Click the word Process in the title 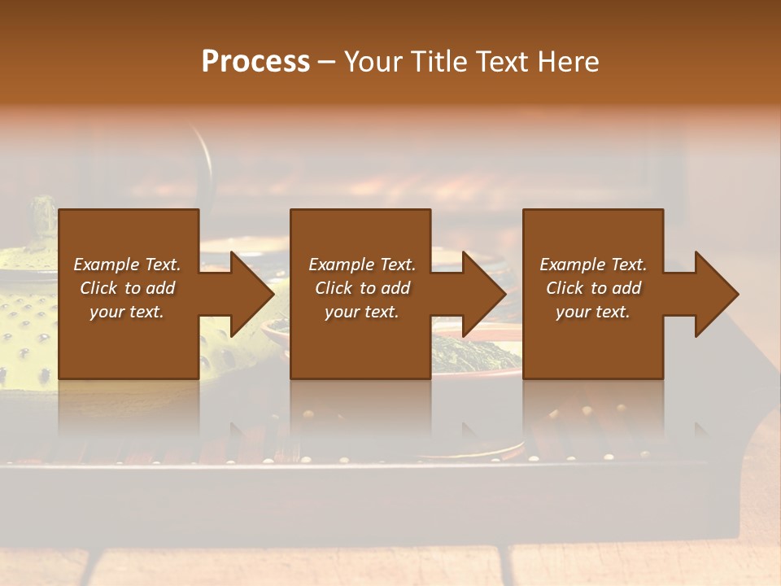click(x=255, y=62)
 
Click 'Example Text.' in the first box click(x=127, y=265)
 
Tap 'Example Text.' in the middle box click(x=362, y=265)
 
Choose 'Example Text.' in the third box click(x=593, y=265)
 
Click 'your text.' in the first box click(x=127, y=312)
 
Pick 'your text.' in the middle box click(x=362, y=312)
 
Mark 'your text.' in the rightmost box click(x=593, y=312)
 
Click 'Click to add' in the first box click(x=127, y=288)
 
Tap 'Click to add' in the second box click(x=362, y=288)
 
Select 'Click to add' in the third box click(x=593, y=288)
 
